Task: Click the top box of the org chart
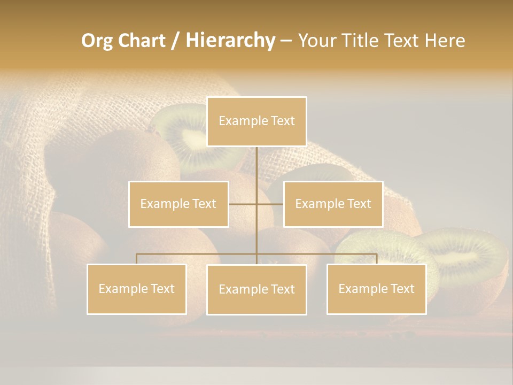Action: point(256,121)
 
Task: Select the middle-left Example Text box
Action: point(178,204)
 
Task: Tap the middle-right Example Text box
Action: point(333,204)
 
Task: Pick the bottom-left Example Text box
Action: point(137,289)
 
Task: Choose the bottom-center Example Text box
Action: point(256,289)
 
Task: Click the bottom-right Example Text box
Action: point(376,289)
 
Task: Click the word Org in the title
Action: point(97,41)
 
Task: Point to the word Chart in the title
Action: point(141,41)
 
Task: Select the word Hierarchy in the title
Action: point(230,41)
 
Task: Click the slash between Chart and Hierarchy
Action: point(175,41)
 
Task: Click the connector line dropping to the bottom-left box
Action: point(137,259)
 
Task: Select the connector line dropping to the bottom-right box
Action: point(376,259)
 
